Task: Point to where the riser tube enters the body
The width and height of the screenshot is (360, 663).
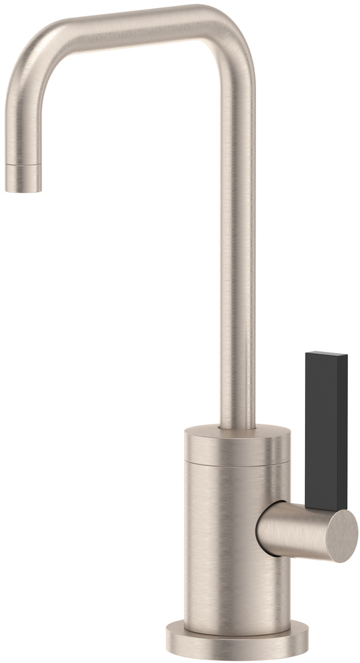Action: pos(237,428)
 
